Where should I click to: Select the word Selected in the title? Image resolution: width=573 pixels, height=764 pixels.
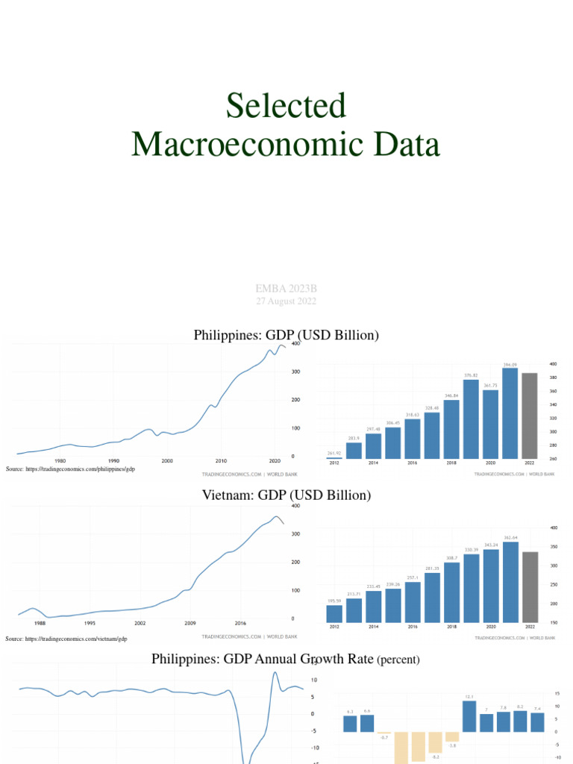pos(286,106)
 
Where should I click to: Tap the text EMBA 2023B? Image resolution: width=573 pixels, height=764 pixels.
pos(286,288)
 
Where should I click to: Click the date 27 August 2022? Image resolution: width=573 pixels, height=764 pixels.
pos(286,301)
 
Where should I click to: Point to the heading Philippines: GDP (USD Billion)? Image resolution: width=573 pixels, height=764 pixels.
pos(286,336)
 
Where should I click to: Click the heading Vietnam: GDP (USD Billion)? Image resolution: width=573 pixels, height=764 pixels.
pos(286,495)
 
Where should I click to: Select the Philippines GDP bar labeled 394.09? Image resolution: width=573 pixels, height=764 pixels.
pos(510,413)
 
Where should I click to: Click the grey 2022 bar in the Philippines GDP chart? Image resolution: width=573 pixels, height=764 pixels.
pos(529,416)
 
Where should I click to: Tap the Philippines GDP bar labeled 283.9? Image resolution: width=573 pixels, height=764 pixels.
pos(354,451)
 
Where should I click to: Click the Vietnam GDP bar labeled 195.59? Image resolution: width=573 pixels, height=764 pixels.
pos(334,613)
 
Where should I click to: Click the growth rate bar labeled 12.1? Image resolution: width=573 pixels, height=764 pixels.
pos(469,716)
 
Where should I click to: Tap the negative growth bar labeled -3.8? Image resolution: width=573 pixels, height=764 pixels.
pos(452,736)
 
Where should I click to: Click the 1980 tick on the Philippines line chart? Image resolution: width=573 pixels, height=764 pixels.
pos(60,461)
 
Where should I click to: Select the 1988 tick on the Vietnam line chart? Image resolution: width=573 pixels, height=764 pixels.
pos(40,622)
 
